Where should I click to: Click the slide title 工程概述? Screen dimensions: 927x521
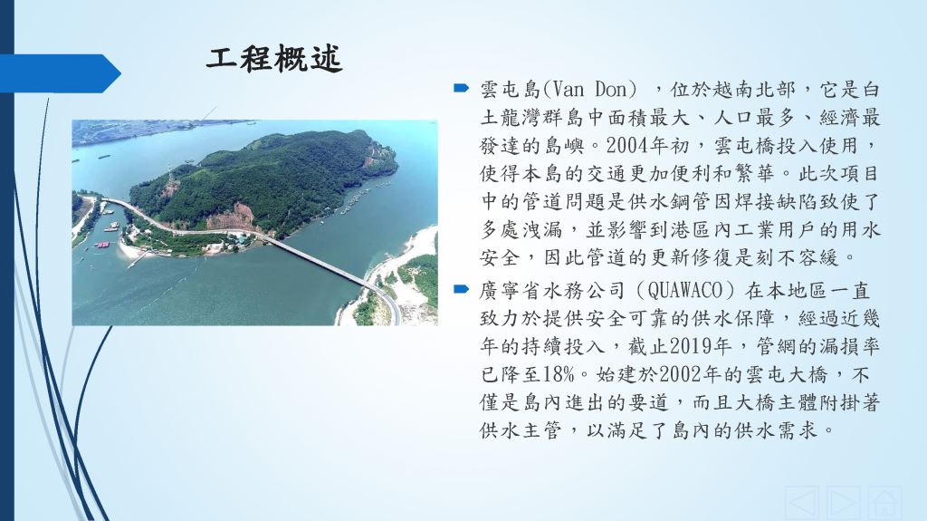[274, 59]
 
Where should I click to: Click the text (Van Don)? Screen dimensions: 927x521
[590, 90]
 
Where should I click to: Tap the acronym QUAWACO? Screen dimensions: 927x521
[685, 291]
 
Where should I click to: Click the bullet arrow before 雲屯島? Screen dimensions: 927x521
[461, 89]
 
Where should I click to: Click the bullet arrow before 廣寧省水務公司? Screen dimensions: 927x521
[461, 290]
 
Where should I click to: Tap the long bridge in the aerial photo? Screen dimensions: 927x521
[320, 261]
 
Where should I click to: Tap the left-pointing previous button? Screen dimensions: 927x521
[802, 503]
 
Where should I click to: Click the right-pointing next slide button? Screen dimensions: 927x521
[844, 503]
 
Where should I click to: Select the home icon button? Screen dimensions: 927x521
[885, 503]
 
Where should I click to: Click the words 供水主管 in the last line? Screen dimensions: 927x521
[521, 429]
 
